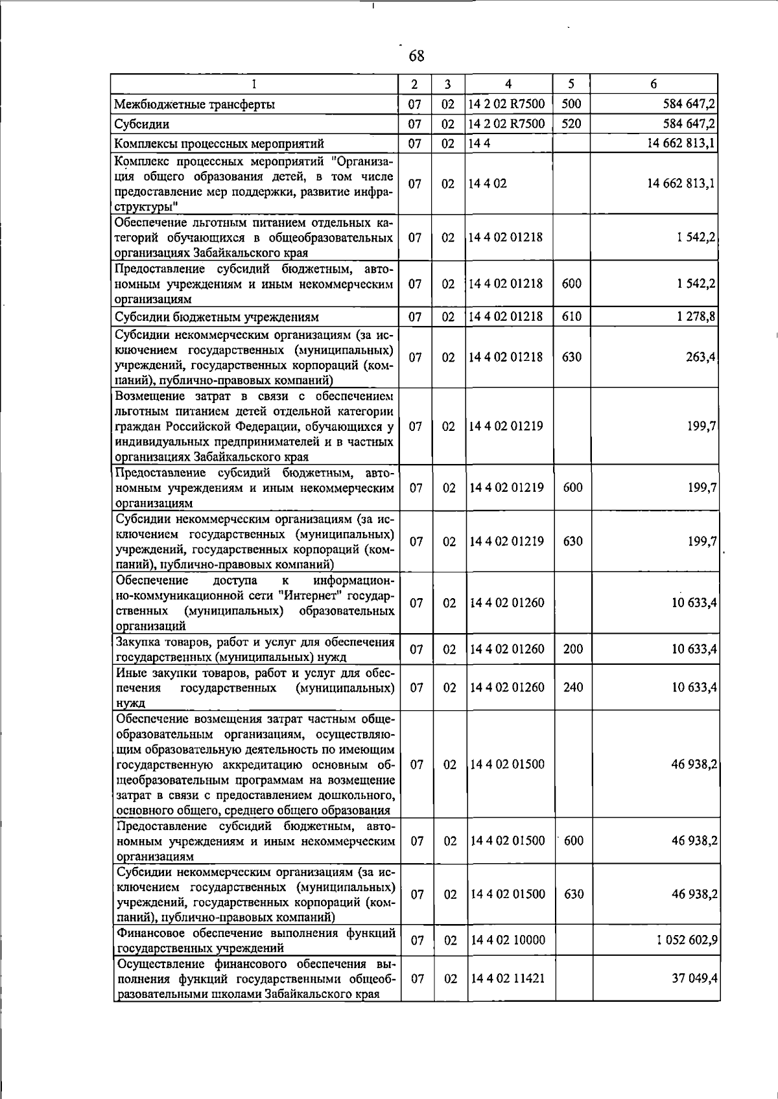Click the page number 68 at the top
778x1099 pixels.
click(x=417, y=56)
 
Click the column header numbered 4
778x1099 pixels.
click(x=508, y=84)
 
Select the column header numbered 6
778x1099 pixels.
click(x=654, y=84)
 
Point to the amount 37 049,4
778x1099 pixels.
click(x=694, y=978)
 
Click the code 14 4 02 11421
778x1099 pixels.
click(x=508, y=978)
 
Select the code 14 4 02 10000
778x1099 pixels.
click(x=508, y=940)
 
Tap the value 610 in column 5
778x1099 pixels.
click(x=571, y=317)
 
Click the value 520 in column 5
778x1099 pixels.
click(x=571, y=123)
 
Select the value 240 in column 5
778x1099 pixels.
click(x=573, y=687)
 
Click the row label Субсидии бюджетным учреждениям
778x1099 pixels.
click(x=217, y=318)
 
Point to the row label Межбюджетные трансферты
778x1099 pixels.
click(x=194, y=104)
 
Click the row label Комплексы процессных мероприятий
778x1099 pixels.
click(x=218, y=144)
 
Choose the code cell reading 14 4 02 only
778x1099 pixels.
click(x=488, y=183)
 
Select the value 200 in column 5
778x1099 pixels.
click(x=573, y=649)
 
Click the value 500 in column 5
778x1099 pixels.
click(x=571, y=104)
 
